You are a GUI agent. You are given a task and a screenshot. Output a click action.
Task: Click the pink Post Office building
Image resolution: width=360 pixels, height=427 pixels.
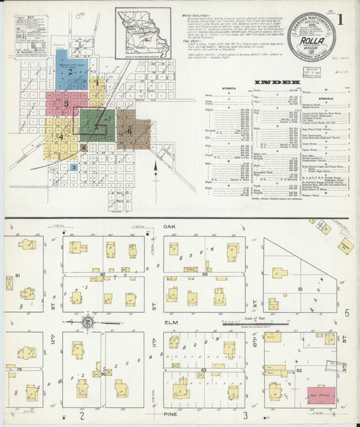(x=321, y=393)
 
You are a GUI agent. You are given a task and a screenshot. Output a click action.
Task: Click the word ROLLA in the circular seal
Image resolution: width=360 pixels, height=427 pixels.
(x=313, y=44)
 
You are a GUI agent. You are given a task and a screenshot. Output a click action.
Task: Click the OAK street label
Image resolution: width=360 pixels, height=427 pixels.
(x=168, y=228)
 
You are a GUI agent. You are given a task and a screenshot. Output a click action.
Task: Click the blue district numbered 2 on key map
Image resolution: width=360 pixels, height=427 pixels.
(x=70, y=70)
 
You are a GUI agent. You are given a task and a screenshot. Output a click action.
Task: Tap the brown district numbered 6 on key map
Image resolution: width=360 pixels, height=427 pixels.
(x=132, y=130)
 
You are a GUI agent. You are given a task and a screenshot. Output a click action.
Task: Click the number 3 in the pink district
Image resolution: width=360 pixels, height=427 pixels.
(x=66, y=104)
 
